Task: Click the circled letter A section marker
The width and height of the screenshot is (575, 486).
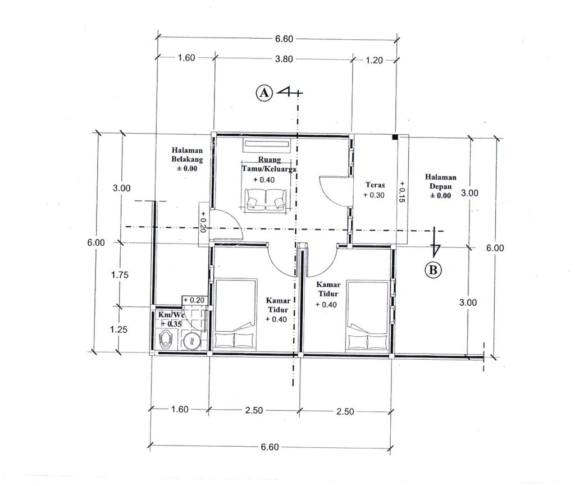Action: [x=264, y=93]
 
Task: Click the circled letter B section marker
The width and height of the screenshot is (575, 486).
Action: [x=433, y=270]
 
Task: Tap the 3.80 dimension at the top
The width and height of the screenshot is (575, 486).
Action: [x=284, y=59]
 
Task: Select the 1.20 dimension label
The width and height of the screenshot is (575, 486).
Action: [x=374, y=61]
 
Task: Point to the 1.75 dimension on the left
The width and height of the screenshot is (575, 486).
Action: [x=120, y=274]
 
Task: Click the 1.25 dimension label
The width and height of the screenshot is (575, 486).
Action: [x=119, y=329]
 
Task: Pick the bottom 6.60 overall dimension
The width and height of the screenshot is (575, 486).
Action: [x=270, y=447]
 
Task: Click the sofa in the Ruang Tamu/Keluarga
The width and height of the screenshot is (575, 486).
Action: [x=266, y=199]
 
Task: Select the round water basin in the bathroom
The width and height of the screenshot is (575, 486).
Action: [x=191, y=341]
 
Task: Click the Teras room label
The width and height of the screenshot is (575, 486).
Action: [x=375, y=185]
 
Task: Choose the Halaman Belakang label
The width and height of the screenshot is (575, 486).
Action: [x=187, y=155]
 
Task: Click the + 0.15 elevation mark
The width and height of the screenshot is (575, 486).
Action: [x=402, y=192]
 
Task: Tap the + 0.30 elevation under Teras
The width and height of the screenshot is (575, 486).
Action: [x=374, y=195]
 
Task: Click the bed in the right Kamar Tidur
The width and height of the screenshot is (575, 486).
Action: [x=368, y=316]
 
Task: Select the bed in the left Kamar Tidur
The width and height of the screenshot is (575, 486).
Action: [x=235, y=314]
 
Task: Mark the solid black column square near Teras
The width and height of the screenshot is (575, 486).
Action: [x=395, y=137]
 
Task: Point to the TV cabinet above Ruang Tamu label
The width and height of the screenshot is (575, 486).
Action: [x=267, y=145]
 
